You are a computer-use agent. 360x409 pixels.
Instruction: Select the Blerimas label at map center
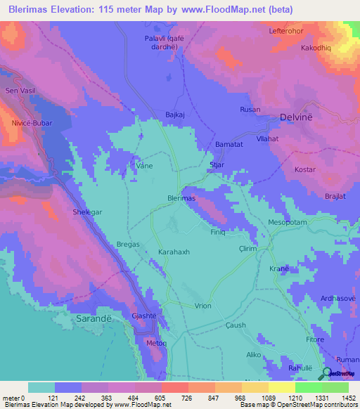click(x=181, y=198)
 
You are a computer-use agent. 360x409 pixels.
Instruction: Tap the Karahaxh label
click(x=175, y=251)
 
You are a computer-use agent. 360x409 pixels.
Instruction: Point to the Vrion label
click(x=203, y=306)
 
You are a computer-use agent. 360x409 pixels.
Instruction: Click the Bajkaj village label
click(x=174, y=113)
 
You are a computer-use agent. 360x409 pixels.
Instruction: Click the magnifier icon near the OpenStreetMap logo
click(x=326, y=374)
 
